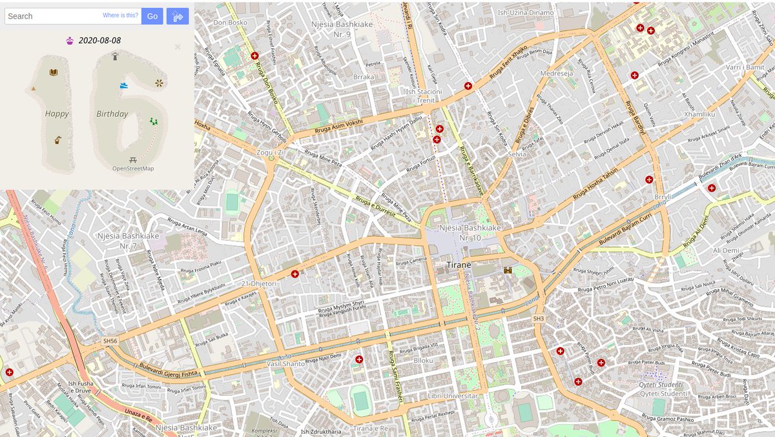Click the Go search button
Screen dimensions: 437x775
[x=152, y=16]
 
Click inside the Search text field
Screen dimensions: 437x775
[x=52, y=16]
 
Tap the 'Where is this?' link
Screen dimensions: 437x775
[x=120, y=15]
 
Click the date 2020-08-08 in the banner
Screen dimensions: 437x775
[x=99, y=41]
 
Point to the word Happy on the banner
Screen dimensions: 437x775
[x=57, y=114]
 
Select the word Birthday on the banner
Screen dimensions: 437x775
[x=112, y=114]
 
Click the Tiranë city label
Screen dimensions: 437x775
[x=459, y=265]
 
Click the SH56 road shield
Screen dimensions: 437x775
[x=110, y=341]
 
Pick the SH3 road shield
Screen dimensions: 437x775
[x=539, y=319]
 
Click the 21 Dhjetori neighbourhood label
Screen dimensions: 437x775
[x=258, y=283]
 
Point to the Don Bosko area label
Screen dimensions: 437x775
[x=230, y=23]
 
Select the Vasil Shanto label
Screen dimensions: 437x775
[x=285, y=364]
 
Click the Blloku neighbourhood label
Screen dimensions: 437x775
[x=424, y=360]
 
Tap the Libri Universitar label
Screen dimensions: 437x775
[x=453, y=396]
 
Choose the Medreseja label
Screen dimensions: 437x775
[x=556, y=73]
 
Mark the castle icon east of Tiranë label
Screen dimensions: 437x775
[x=508, y=270]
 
